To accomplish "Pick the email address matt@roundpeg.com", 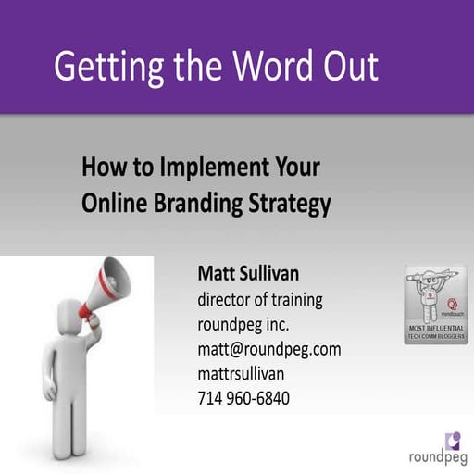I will [x=269, y=349].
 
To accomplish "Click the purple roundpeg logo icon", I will [x=452, y=438].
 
